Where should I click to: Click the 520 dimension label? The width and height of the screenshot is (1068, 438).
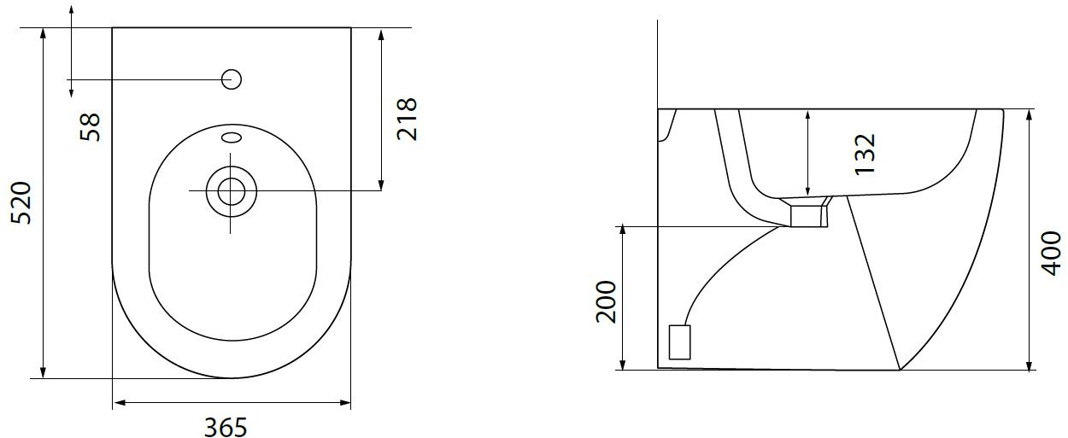click(x=22, y=202)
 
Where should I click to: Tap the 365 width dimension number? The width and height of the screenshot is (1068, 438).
click(x=226, y=427)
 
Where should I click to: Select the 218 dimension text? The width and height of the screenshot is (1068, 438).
click(x=407, y=120)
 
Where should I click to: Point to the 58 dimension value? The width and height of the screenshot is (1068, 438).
click(x=91, y=127)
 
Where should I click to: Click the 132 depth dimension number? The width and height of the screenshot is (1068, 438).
click(x=865, y=155)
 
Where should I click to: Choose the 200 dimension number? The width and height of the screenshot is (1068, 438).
click(x=606, y=301)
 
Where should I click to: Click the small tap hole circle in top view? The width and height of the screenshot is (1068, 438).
click(x=232, y=79)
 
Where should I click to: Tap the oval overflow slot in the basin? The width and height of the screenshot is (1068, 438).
click(x=232, y=137)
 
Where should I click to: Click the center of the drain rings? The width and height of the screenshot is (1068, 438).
click(x=232, y=191)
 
